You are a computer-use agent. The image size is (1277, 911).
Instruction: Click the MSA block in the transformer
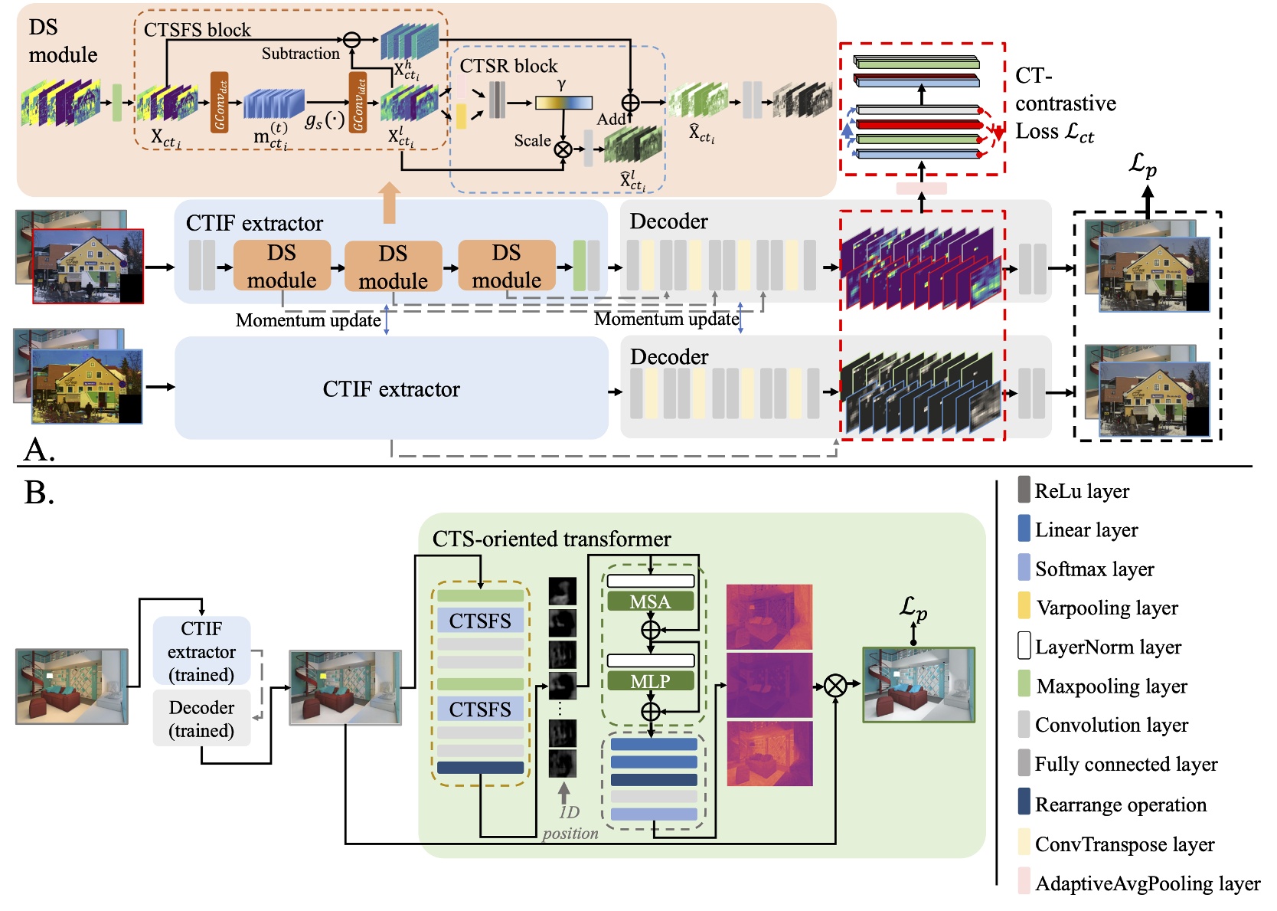650,601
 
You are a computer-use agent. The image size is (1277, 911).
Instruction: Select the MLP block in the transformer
650,681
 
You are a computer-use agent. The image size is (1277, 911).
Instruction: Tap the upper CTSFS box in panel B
480,621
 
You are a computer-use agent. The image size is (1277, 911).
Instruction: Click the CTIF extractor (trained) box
201,651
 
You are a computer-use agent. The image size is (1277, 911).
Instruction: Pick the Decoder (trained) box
201,719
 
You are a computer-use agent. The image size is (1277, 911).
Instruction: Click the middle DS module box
393,267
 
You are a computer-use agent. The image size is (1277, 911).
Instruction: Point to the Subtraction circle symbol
351,40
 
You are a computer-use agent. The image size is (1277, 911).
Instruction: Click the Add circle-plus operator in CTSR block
630,102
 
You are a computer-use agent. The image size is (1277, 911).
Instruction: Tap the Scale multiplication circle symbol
563,149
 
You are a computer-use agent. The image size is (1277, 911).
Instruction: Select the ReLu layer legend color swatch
1024,490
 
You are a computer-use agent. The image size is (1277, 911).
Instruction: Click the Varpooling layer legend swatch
1024,605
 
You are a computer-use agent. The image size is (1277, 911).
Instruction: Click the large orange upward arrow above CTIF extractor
390,202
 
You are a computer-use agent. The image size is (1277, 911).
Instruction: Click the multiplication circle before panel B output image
835,686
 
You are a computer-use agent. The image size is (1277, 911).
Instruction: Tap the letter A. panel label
39,450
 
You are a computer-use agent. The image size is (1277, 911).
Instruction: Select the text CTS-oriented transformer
551,539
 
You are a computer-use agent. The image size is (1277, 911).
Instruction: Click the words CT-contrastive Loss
1065,103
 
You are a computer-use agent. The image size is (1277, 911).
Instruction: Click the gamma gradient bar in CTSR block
563,103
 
